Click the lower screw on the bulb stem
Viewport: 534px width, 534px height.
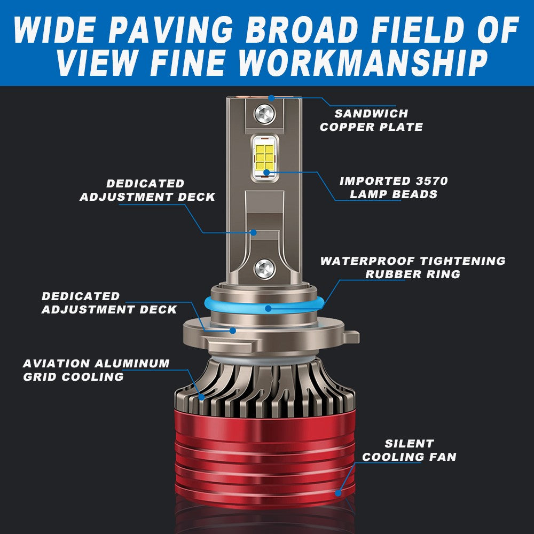pyautogui.click(x=265, y=269)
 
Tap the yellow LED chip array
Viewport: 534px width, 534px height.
pyautogui.click(x=265, y=158)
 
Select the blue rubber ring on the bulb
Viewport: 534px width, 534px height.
pyautogui.click(x=265, y=305)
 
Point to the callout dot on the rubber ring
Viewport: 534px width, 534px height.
pyautogui.click(x=269, y=309)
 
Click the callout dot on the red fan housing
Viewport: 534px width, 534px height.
pyautogui.click(x=338, y=493)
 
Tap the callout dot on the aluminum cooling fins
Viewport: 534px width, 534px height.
pyautogui.click(x=201, y=397)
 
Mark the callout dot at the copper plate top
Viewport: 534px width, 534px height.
pyautogui.click(x=271, y=98)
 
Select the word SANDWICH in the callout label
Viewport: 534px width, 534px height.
pyautogui.click(x=371, y=113)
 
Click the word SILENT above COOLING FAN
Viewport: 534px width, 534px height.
pyautogui.click(x=409, y=443)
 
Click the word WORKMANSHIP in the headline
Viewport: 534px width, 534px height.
pyautogui.click(x=364, y=62)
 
